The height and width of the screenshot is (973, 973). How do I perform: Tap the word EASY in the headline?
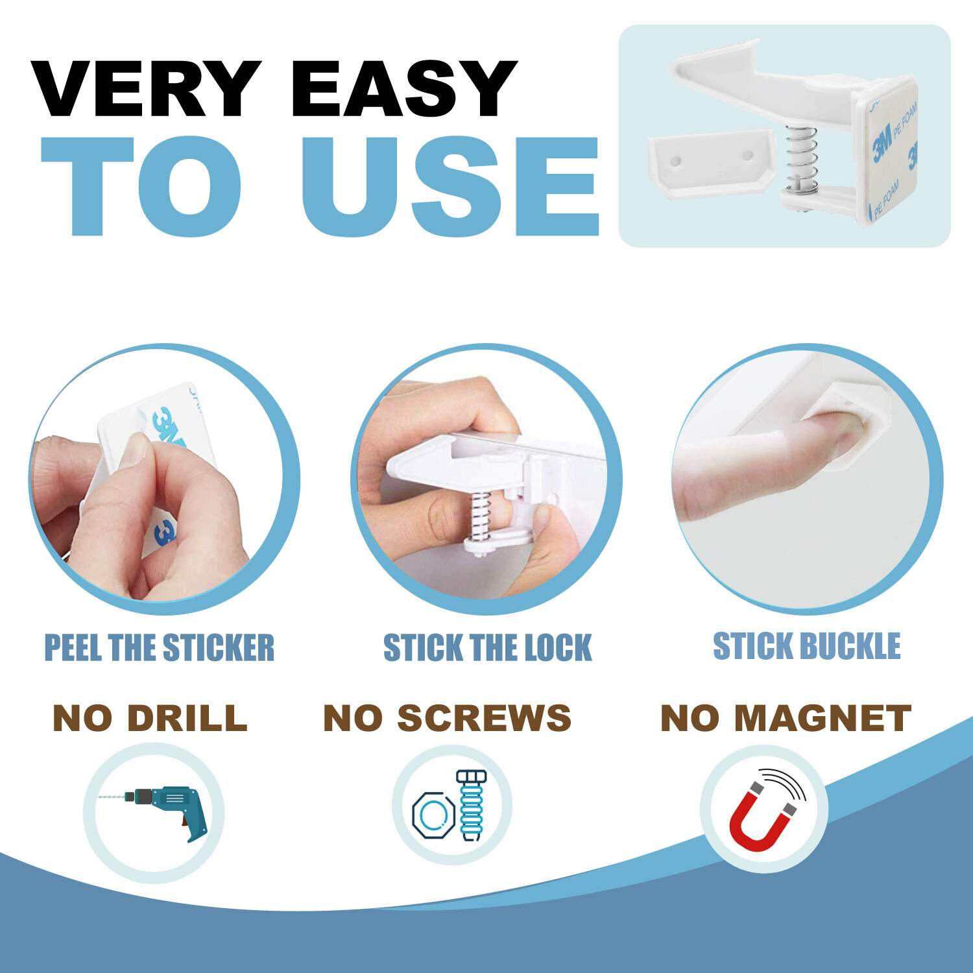click(405, 89)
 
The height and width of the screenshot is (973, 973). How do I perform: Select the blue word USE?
click(450, 186)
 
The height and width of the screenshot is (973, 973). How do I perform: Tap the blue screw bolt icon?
click(472, 805)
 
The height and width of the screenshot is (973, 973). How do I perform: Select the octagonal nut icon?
click(433, 811)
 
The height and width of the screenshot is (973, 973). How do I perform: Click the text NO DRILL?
click(150, 718)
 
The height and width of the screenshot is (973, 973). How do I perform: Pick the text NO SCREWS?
click(447, 718)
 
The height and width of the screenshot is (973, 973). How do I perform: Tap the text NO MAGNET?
click(786, 718)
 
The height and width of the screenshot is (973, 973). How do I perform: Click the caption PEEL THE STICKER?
click(160, 648)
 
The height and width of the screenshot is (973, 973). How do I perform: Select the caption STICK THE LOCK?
click(487, 648)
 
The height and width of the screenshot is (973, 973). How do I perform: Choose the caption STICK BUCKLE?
click(807, 646)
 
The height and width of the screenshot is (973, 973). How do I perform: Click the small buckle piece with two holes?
click(710, 158)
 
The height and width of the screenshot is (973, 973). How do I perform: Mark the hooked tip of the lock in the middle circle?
click(397, 466)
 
